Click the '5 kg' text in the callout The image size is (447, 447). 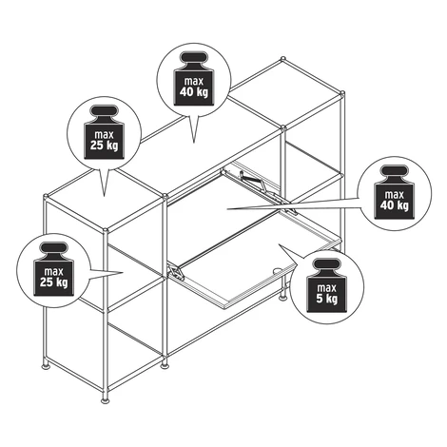coord(327,299)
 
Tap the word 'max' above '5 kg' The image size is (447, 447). coord(326,288)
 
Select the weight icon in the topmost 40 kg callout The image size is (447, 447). coord(194,79)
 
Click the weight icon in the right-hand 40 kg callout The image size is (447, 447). coord(395,192)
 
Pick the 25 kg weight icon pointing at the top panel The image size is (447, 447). coord(104,132)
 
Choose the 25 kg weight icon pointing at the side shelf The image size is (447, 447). coord(54,269)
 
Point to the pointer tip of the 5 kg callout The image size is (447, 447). coord(279,244)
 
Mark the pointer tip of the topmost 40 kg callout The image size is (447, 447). coord(194,142)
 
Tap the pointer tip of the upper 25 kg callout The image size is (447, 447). coord(104,195)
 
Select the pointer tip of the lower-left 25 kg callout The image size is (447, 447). coord(123,272)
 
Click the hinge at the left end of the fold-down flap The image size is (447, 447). coord(175,272)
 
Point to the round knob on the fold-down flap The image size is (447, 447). coord(278,271)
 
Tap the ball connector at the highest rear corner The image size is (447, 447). coord(282,59)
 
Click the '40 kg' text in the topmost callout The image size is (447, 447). coord(194,92)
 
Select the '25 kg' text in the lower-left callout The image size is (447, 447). coord(54,282)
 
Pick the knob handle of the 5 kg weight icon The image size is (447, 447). coord(327,263)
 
